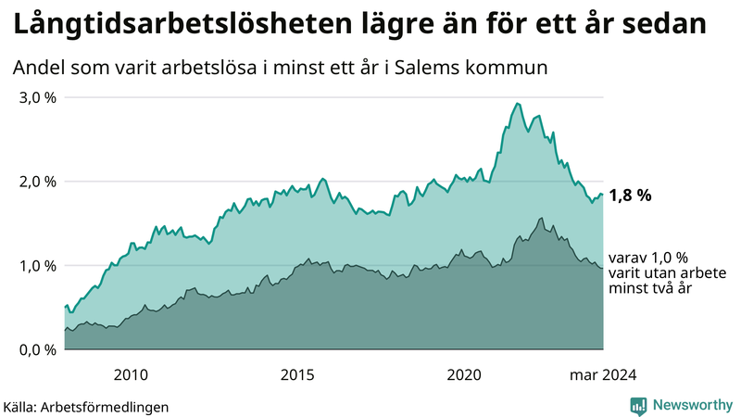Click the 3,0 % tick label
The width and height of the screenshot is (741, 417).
(x=38, y=97)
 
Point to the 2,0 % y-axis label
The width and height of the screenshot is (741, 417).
(x=38, y=182)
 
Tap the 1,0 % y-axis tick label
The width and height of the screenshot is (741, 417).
(x=38, y=266)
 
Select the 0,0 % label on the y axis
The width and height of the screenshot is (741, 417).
(x=38, y=350)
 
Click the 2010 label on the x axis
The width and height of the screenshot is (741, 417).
(x=131, y=374)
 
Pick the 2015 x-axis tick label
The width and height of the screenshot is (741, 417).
(x=297, y=374)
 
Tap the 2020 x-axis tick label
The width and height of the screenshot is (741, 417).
(x=465, y=374)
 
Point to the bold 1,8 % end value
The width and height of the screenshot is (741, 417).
(x=631, y=196)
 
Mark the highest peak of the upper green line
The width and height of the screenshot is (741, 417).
(x=517, y=103)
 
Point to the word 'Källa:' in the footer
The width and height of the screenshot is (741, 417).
(x=26, y=406)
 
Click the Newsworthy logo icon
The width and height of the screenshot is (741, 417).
(x=638, y=405)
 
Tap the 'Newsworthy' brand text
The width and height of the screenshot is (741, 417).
(x=691, y=405)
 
